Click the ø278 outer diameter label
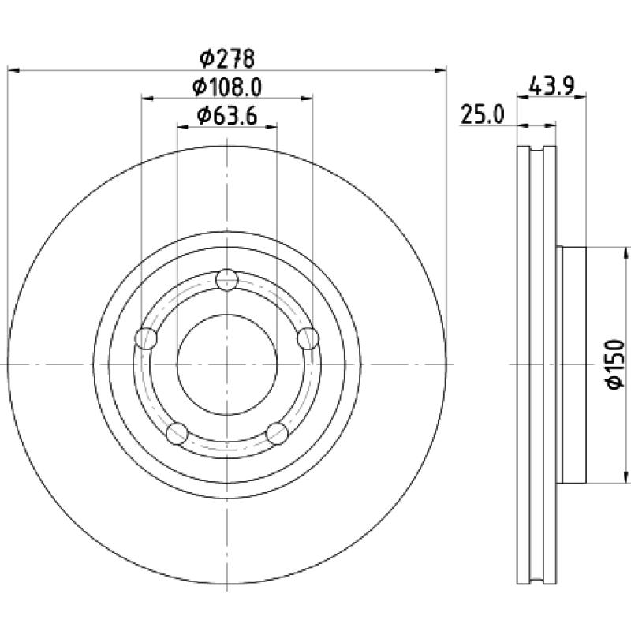(x=227, y=58)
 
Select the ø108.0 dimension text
(x=227, y=88)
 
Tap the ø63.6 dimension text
(x=227, y=116)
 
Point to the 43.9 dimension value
(x=551, y=86)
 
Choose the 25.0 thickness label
(x=482, y=114)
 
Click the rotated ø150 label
(x=616, y=364)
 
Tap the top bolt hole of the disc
(x=227, y=280)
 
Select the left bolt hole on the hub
(x=147, y=338)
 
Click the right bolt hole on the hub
(x=308, y=338)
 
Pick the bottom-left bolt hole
(x=177, y=433)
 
